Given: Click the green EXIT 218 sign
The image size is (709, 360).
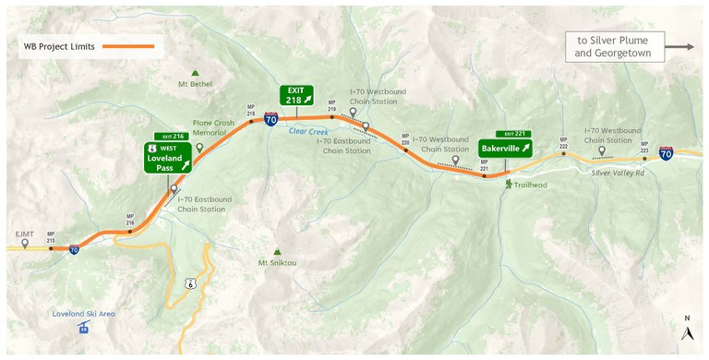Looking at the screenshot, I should coord(297,95).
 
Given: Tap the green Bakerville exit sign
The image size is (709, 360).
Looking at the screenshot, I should coord(505,148).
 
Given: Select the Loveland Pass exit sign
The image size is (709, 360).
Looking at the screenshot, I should coord(168,158).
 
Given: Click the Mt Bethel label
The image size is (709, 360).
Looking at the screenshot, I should coord(195,84).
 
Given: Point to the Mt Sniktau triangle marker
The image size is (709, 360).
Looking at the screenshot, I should coord(277,251).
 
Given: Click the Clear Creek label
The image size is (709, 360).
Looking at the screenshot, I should coord(309,131).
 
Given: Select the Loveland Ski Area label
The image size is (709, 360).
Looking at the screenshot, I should coord(84,314).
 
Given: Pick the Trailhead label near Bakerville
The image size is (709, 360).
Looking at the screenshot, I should coord(530,185).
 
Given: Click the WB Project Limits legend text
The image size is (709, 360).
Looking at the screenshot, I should coord(57,46).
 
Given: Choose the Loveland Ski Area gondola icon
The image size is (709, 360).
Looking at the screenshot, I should coord(84,329).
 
